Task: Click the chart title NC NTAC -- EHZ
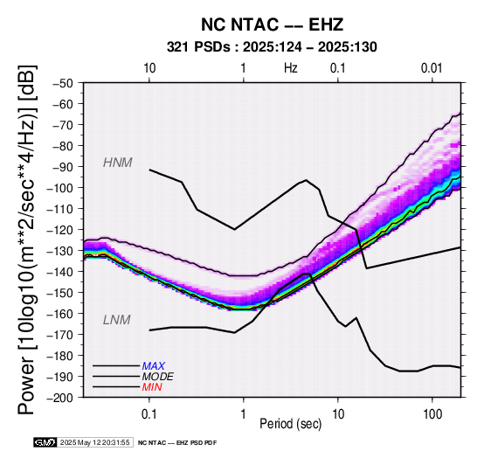coord(272,24)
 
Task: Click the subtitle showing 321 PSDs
coord(272,47)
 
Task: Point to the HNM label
coord(118,163)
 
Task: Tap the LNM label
coord(117,320)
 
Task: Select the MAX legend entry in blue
coord(154,366)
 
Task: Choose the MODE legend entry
coord(158,377)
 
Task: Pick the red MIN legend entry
coord(152,387)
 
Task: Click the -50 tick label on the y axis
coord(63,83)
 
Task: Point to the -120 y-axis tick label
coord(60,230)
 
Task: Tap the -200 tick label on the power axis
coord(60,398)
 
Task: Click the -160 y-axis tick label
coord(60,314)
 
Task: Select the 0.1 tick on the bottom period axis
coord(149,414)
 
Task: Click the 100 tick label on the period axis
coord(432,414)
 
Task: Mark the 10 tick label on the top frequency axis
coord(149,68)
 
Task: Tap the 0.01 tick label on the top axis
coord(432,68)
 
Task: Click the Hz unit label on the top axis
coord(291,68)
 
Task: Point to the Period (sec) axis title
coord(290,424)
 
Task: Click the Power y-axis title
coord(28,240)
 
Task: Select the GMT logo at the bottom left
coord(45,442)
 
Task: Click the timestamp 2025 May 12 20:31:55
coord(94,442)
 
